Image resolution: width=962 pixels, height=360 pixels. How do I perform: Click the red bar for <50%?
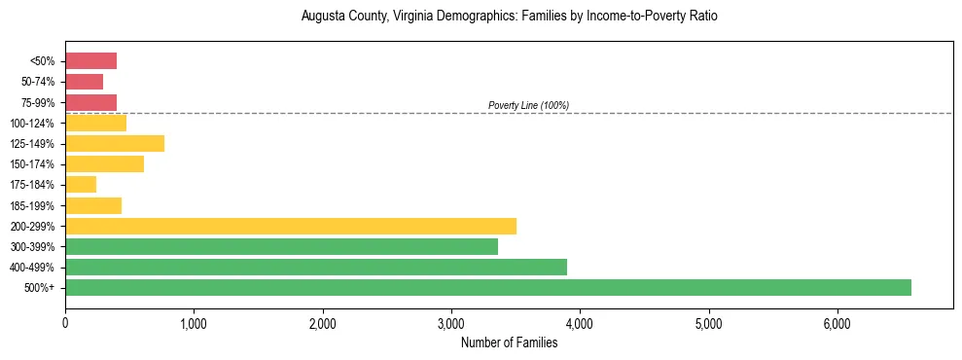click(x=90, y=61)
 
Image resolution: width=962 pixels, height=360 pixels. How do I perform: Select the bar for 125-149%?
click(x=115, y=144)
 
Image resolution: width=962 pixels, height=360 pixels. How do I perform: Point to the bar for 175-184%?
click(x=81, y=185)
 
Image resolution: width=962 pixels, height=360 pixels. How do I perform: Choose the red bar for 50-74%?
click(x=84, y=82)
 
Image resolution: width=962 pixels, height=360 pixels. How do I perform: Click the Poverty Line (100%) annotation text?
click(x=528, y=105)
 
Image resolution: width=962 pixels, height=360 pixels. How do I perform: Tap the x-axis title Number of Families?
click(x=509, y=342)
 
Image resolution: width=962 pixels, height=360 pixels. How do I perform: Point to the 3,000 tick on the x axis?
click(x=451, y=323)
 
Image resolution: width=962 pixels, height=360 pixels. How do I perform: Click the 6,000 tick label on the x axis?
click(x=837, y=323)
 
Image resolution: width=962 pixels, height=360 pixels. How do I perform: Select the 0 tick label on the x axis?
click(x=65, y=323)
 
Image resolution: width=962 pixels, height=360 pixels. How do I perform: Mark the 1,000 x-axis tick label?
click(x=194, y=323)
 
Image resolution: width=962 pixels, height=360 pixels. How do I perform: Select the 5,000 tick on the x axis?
click(x=708, y=323)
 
